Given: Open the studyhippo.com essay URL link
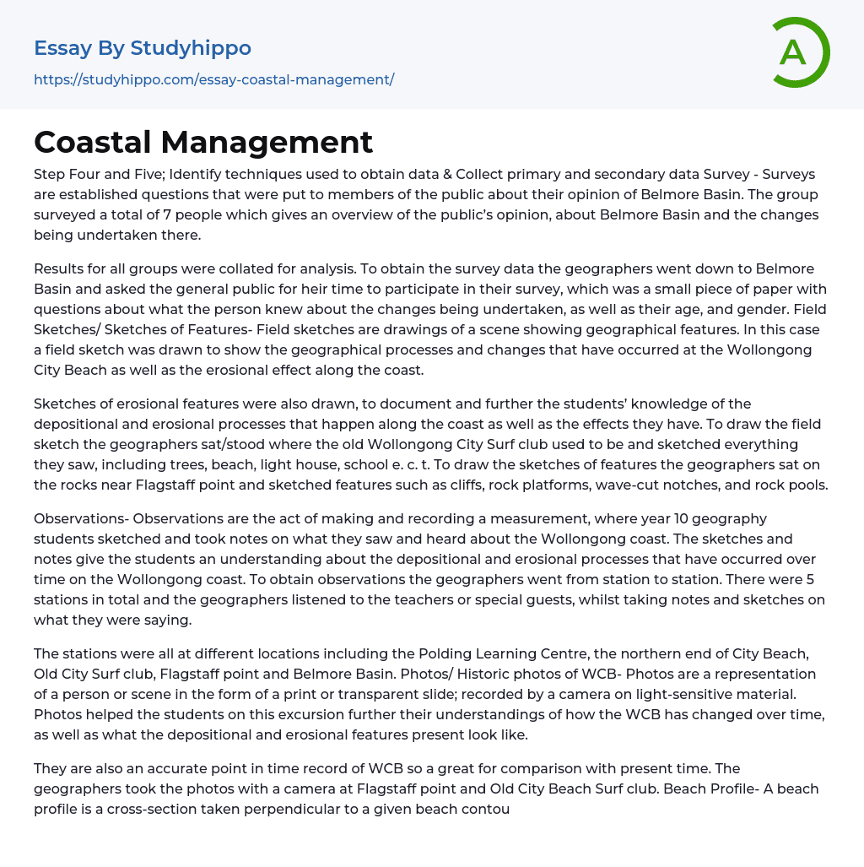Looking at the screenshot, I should (213, 79).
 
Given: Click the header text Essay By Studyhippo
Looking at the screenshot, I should (143, 48).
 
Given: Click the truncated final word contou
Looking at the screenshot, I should (483, 809).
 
